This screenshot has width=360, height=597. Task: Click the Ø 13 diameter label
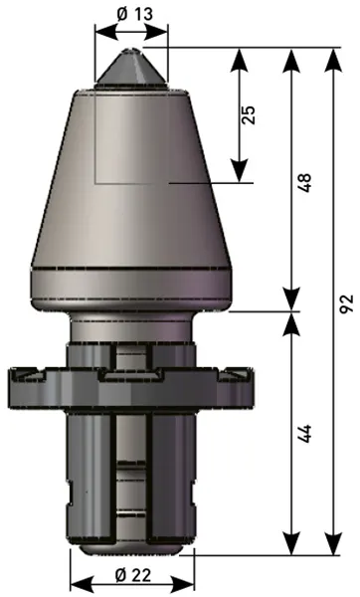click(x=134, y=14)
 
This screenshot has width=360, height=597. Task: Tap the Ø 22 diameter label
click(x=133, y=574)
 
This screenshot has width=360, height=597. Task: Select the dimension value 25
click(x=248, y=114)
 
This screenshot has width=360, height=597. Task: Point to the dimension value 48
click(x=304, y=182)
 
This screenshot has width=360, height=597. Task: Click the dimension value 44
click(x=304, y=433)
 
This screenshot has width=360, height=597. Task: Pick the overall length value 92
click(x=347, y=303)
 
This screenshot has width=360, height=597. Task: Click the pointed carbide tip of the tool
click(x=131, y=68)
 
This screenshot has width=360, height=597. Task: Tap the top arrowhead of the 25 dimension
click(x=239, y=60)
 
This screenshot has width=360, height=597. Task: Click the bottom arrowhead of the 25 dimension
click(x=239, y=171)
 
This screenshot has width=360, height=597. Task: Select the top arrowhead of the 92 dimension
click(x=333, y=60)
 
